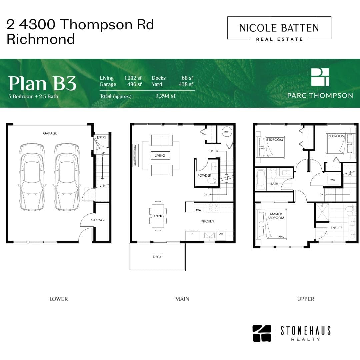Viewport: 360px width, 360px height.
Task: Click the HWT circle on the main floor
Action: coord(227,132)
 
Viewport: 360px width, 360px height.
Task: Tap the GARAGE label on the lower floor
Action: coord(50,133)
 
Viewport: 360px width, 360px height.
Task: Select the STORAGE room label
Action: coord(98,220)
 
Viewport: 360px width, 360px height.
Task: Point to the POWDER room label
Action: coord(204,175)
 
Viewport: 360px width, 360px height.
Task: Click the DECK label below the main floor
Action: coord(157,257)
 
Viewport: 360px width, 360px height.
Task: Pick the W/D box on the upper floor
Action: coord(333,180)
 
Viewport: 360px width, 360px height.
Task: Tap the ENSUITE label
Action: coord(336,228)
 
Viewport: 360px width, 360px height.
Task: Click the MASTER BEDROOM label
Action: coord(276,216)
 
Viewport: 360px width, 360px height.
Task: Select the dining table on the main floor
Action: coord(158,216)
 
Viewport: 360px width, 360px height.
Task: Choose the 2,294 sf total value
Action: coord(165,96)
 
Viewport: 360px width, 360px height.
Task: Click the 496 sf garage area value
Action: coord(135,84)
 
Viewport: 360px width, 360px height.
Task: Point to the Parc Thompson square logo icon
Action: coord(320,77)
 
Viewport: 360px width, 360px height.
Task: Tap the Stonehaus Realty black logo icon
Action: coord(262,333)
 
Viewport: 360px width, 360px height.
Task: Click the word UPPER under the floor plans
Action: coord(306,299)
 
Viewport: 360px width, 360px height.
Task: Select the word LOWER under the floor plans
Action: coord(59,299)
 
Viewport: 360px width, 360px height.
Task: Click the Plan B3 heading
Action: coord(42,83)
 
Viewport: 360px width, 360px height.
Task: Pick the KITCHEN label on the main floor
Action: coord(208,221)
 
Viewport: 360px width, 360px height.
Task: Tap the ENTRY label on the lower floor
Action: coord(101,137)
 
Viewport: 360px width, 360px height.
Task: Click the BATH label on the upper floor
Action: coord(274,184)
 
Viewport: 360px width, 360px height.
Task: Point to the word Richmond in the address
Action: coord(41,39)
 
